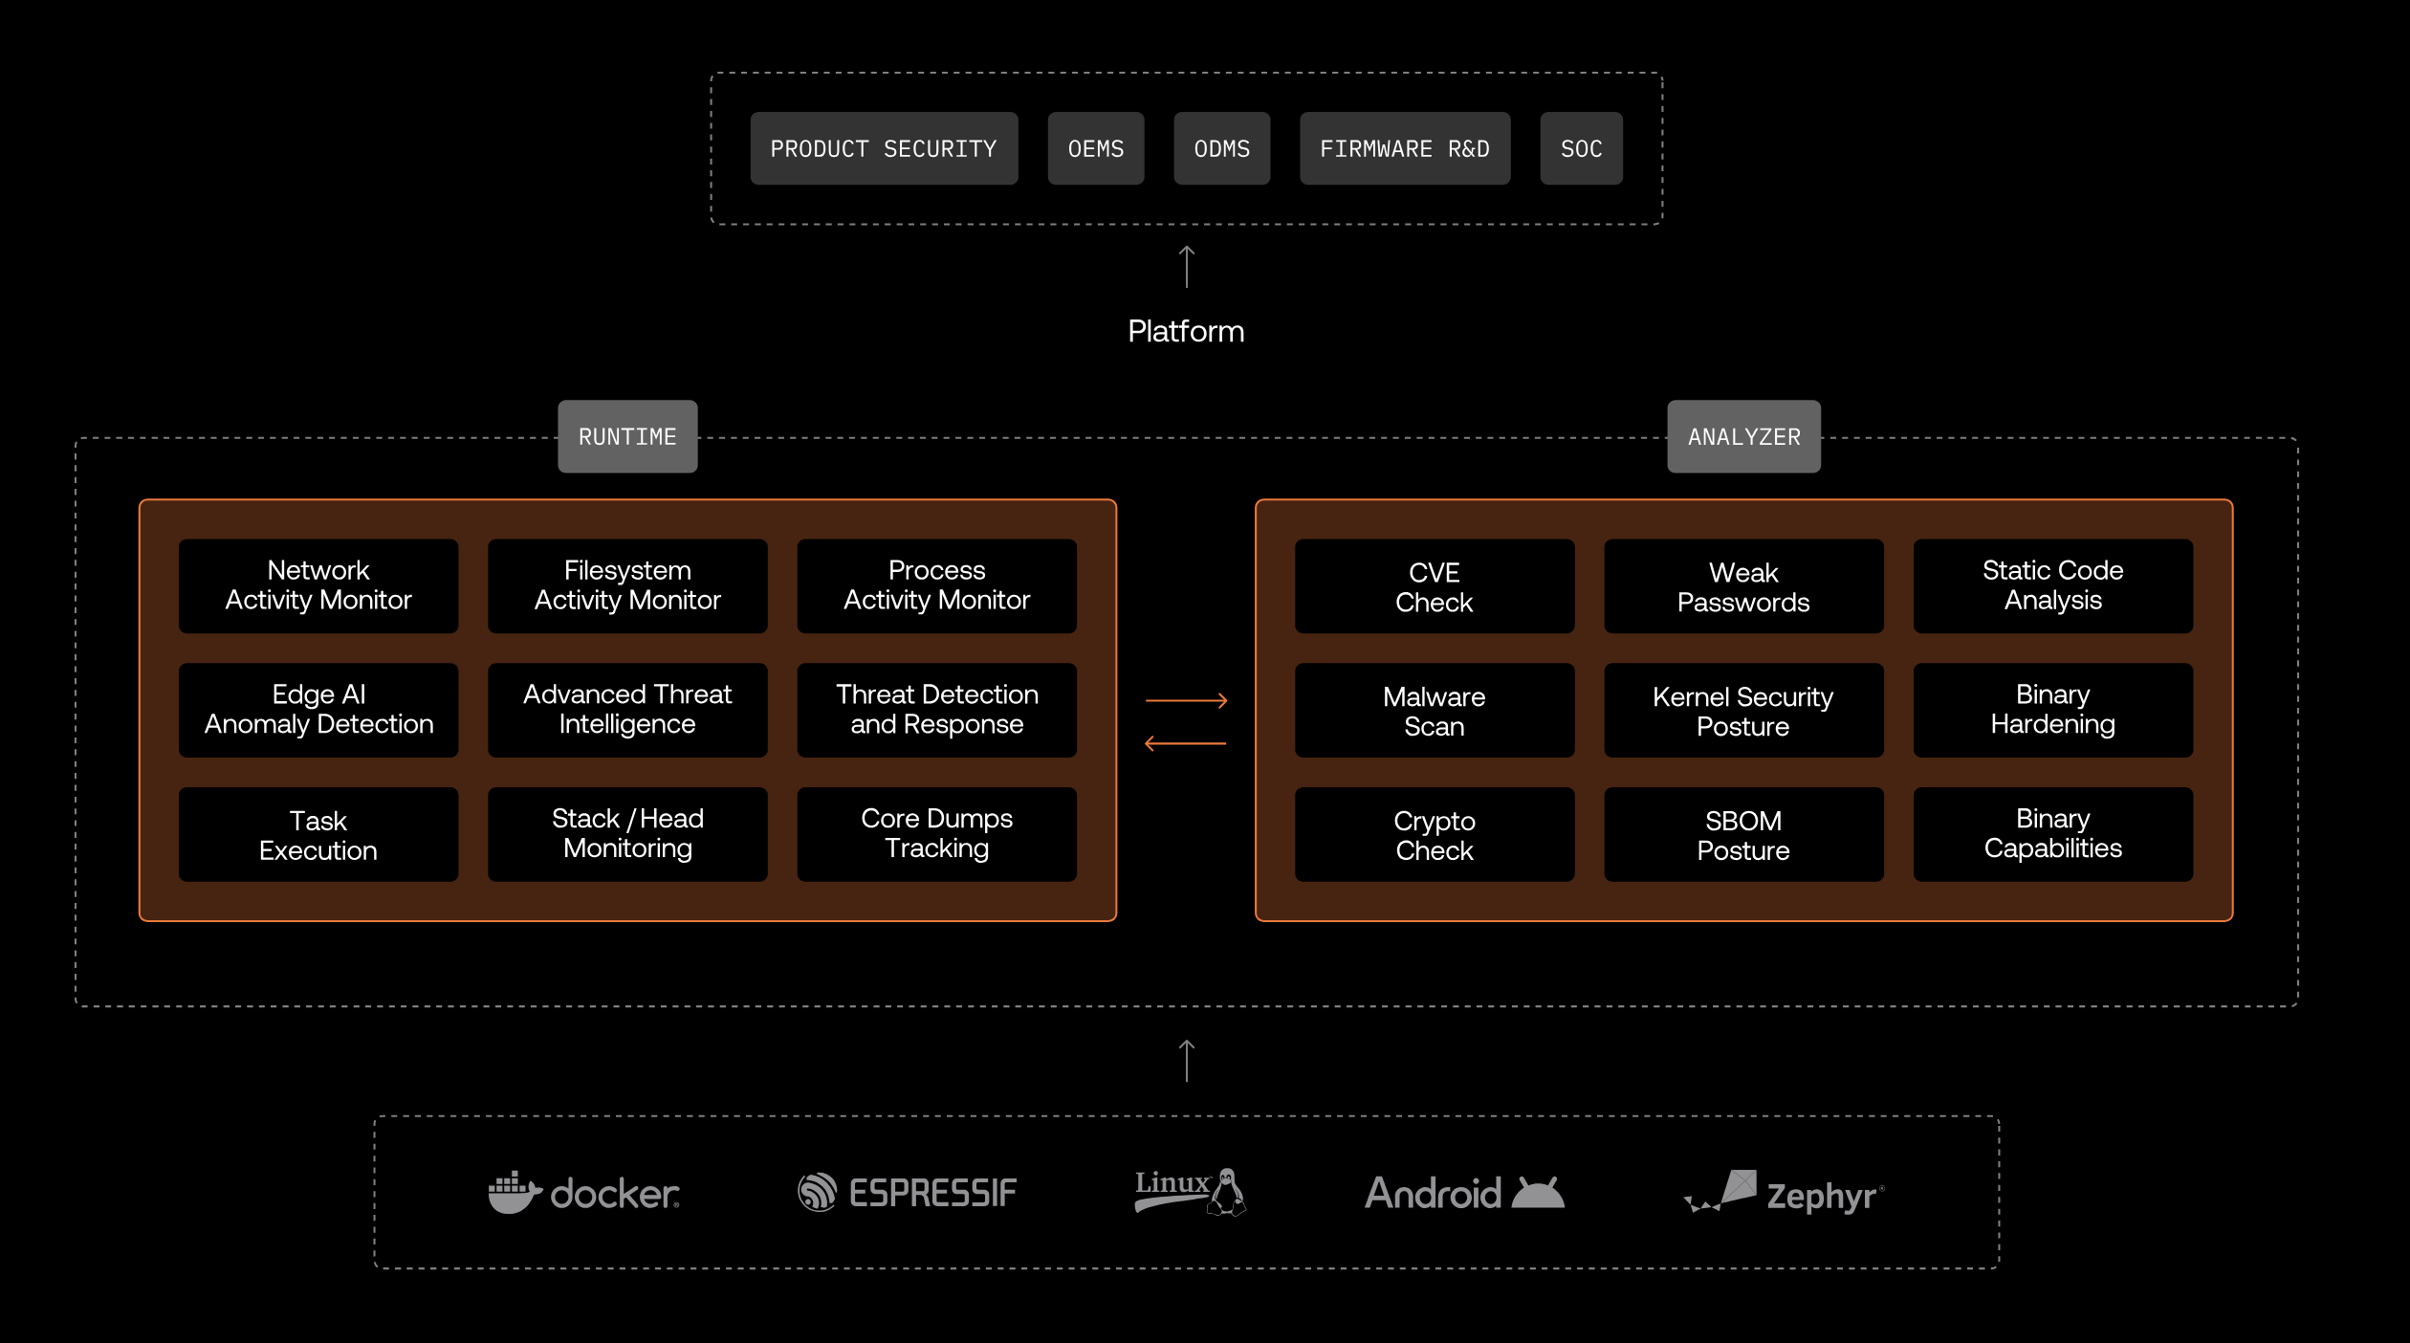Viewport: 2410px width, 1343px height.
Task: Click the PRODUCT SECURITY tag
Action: [x=884, y=148]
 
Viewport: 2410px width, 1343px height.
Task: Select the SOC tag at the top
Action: [x=1581, y=148]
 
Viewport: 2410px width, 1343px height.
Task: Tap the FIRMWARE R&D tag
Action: [x=1404, y=148]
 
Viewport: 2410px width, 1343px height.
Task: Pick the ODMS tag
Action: [x=1221, y=148]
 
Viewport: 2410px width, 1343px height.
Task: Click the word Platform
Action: [x=1186, y=331]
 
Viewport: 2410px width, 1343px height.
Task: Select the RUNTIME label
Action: [x=627, y=436]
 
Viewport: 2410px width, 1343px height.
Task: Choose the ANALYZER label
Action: [x=1743, y=436]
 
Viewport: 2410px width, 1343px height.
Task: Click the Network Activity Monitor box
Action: [x=318, y=585]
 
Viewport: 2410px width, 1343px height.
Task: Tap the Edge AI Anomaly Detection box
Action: [x=318, y=710]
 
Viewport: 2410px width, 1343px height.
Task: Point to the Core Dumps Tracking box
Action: [x=936, y=833]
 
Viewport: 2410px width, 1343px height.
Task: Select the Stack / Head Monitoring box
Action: [x=627, y=833]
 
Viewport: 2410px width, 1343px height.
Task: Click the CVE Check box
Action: [x=1434, y=585]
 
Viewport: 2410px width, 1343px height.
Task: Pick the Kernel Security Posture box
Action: [x=1742, y=710]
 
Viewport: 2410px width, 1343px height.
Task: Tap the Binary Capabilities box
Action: [x=2052, y=833]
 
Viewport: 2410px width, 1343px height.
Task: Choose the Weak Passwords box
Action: [x=1742, y=585]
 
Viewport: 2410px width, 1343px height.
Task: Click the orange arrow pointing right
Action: [x=1186, y=700]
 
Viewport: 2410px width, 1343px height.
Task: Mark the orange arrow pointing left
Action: [x=1186, y=743]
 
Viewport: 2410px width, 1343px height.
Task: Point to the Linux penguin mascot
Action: [x=1227, y=1193]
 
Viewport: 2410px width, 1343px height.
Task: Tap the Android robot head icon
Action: [x=1537, y=1193]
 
